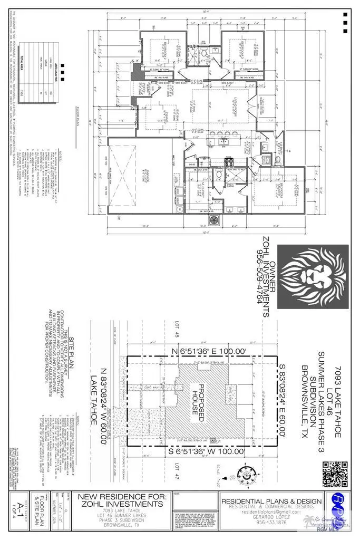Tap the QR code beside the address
336,474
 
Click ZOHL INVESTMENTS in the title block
121,503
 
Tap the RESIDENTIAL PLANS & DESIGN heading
271,500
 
